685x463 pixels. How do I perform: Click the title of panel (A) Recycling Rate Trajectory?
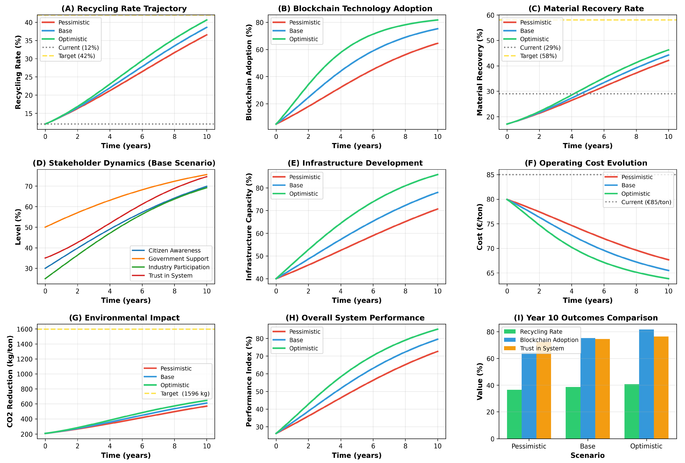click(x=124, y=9)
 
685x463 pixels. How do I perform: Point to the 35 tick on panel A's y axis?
click(x=29, y=41)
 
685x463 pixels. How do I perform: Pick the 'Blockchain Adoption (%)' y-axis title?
click(x=249, y=72)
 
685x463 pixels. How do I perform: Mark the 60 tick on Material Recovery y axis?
click(x=491, y=15)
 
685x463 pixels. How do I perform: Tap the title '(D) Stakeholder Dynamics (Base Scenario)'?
click(x=124, y=163)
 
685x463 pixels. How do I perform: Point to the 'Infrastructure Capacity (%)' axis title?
click(x=249, y=227)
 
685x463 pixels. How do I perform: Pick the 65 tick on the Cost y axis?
click(x=491, y=273)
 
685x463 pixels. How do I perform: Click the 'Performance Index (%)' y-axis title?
click(x=249, y=381)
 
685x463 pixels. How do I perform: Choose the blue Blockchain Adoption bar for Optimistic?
click(x=646, y=384)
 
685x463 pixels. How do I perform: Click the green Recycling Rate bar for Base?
click(x=573, y=413)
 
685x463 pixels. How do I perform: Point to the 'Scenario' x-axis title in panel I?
click(x=587, y=455)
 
